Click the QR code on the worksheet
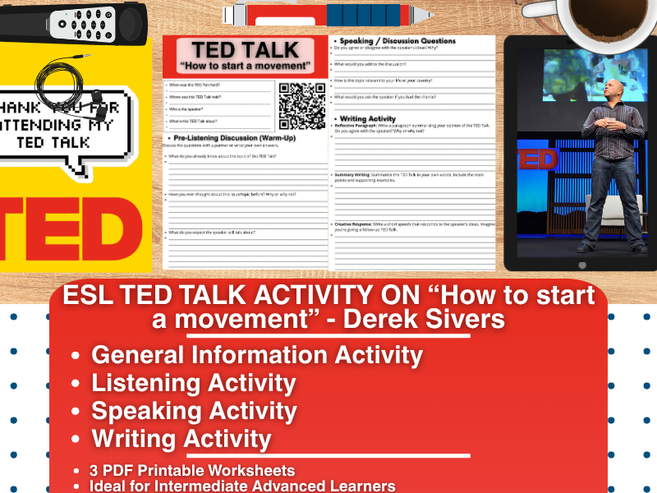pos(302,105)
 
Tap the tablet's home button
pos(582,265)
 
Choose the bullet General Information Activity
pos(257,355)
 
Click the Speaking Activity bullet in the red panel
pos(194,411)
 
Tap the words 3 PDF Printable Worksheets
pos(193,471)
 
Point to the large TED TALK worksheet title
pos(245,48)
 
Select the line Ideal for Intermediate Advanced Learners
pos(243,486)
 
